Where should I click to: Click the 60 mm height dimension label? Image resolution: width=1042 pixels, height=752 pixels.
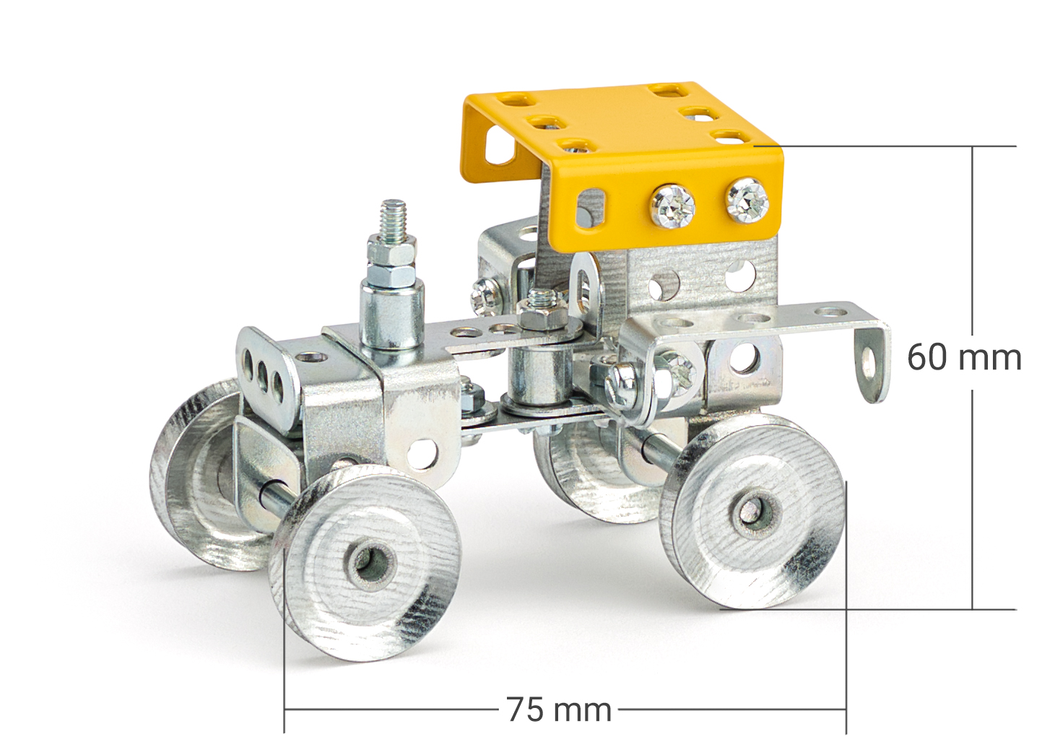(x=964, y=357)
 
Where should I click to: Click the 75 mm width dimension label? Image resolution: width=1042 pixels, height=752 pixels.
(x=559, y=709)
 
